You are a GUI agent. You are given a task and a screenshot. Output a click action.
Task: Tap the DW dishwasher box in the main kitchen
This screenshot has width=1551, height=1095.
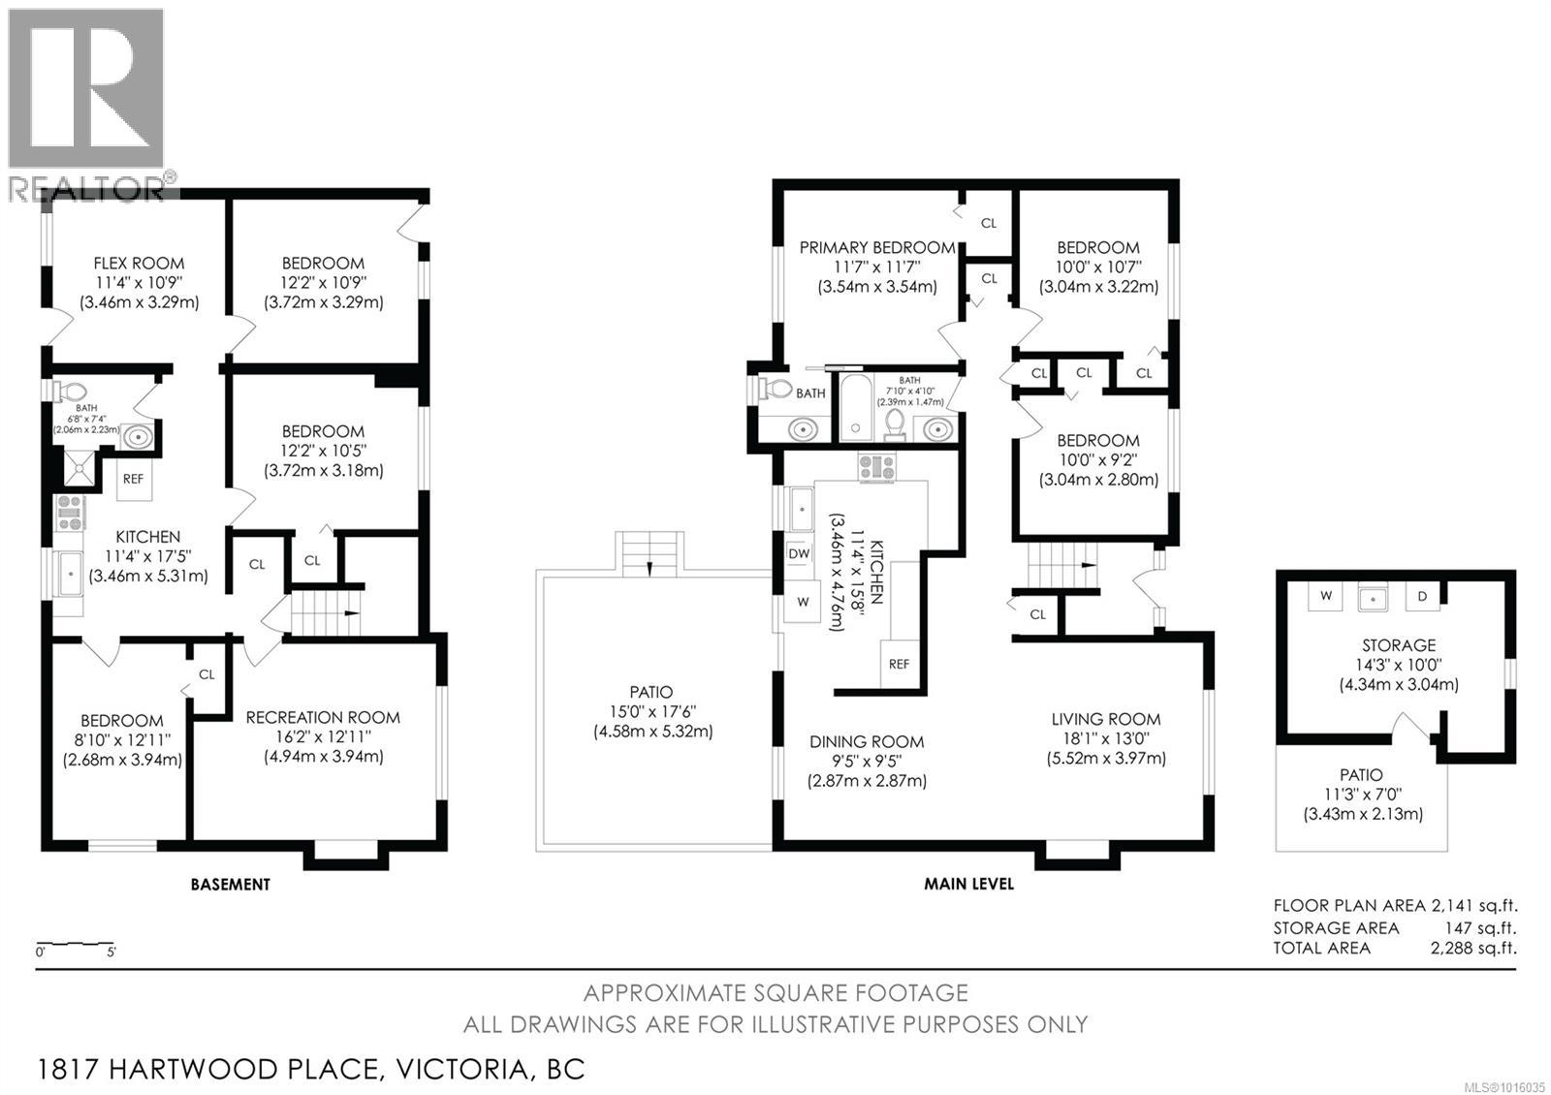click(x=799, y=553)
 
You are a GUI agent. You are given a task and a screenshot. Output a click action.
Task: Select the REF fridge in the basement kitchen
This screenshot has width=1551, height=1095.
click(x=134, y=479)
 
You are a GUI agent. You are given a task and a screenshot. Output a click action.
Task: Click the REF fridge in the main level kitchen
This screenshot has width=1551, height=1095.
click(x=899, y=664)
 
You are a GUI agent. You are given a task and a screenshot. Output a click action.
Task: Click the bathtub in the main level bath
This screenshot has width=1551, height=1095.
click(x=856, y=407)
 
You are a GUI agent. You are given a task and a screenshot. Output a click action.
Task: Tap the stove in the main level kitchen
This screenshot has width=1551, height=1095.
click(x=876, y=466)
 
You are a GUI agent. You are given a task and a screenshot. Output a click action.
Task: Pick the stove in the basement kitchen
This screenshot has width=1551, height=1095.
click(x=70, y=513)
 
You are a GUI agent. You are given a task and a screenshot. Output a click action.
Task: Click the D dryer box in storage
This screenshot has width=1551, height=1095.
click(x=1422, y=596)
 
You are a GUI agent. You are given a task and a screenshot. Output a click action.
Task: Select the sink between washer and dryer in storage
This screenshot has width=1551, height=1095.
click(x=1373, y=598)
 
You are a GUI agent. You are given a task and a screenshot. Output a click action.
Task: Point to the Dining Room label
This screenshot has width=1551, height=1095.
click(x=867, y=742)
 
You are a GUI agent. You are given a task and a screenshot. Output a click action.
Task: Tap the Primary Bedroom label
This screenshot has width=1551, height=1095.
click(x=877, y=248)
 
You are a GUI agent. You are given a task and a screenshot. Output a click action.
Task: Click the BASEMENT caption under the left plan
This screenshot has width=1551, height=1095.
click(x=231, y=884)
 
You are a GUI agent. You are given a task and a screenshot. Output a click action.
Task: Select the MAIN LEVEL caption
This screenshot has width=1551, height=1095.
click(x=968, y=883)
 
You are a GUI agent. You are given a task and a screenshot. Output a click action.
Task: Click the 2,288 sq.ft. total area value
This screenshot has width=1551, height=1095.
click(x=1473, y=948)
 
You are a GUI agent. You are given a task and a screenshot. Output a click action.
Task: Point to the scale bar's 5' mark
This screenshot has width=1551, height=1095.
click(x=111, y=951)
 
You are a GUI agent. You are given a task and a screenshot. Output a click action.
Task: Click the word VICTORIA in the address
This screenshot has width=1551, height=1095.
click(x=461, y=1070)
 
